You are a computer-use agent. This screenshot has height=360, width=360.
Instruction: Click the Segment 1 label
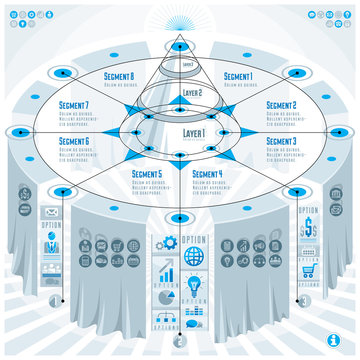click(x=238, y=76)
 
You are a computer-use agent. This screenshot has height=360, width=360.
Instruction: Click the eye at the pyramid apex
click(x=180, y=27)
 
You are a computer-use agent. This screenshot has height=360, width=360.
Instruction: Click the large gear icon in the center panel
click(x=168, y=243)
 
